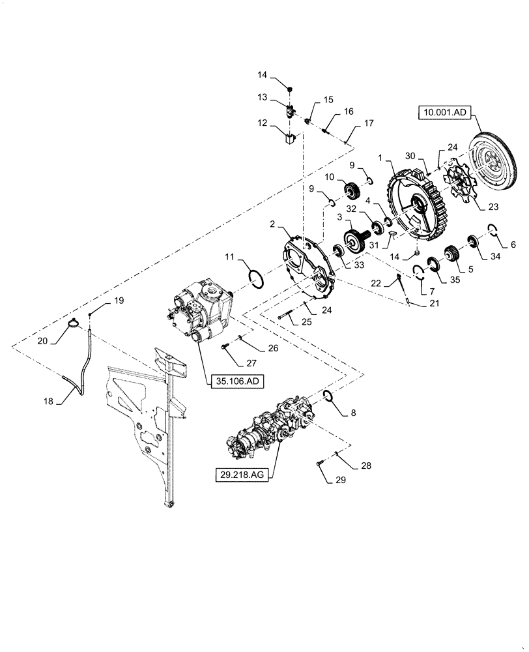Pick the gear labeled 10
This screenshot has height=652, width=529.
(351, 190)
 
